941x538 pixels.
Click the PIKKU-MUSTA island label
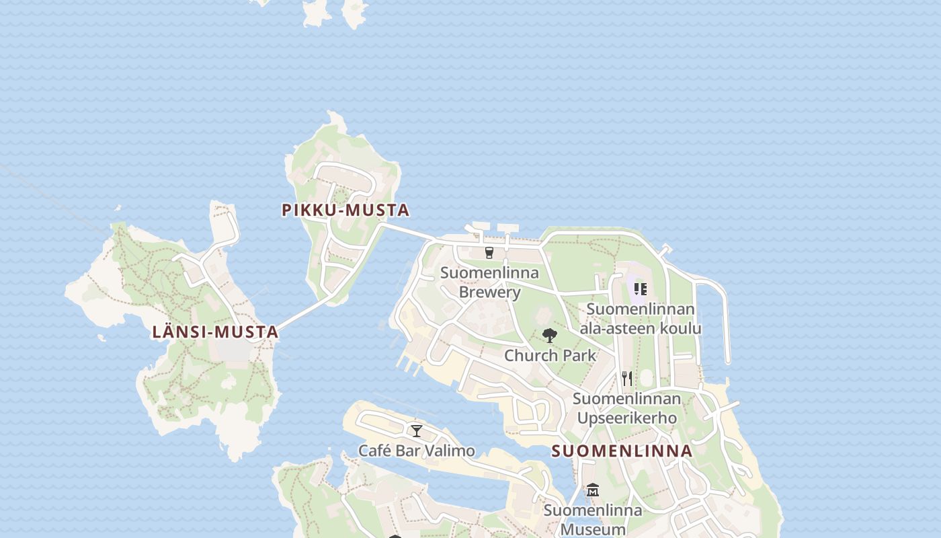pos(345,210)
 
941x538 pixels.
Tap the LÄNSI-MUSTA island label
pos(215,332)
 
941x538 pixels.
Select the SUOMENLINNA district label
pos(622,451)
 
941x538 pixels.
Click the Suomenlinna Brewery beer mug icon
pos(489,253)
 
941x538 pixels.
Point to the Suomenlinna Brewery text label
pos(489,282)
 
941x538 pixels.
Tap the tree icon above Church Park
pos(550,335)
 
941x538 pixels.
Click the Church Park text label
pos(550,355)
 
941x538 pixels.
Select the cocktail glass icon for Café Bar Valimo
pos(417,430)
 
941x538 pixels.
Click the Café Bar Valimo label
pos(417,451)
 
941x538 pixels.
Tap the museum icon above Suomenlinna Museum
pos(592,490)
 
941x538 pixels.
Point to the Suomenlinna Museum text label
pos(593,519)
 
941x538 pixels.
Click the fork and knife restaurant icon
pos(626,378)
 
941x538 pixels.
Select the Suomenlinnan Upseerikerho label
pos(626,408)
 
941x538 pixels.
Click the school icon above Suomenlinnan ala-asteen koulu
pos(640,289)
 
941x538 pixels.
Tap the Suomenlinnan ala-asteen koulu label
pos(641,318)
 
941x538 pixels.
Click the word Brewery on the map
pos(489,293)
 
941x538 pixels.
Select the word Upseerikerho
pos(626,418)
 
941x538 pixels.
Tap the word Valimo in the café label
pos(452,451)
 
